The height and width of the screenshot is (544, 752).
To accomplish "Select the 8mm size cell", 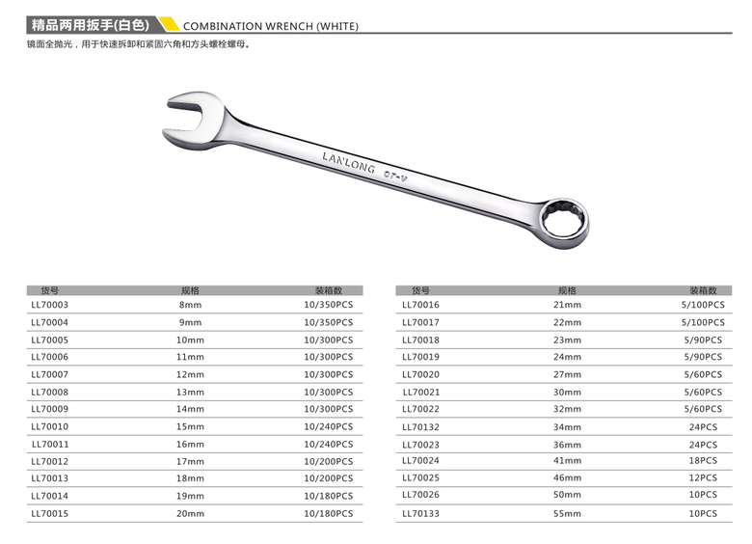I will pyautogui.click(x=190, y=305).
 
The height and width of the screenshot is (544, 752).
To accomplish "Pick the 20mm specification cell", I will pyautogui.click(x=190, y=514).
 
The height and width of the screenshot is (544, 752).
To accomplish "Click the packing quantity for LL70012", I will pyautogui.click(x=328, y=462).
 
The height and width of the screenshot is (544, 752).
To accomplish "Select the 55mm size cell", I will pyautogui.click(x=567, y=514).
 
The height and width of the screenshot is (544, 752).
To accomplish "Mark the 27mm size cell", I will pyautogui.click(x=567, y=374).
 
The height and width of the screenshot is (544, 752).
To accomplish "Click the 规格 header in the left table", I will pyautogui.click(x=190, y=289).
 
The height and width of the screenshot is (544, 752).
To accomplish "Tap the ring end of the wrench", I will pyautogui.click(x=562, y=219).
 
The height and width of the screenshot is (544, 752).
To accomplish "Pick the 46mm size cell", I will pyautogui.click(x=567, y=479).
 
